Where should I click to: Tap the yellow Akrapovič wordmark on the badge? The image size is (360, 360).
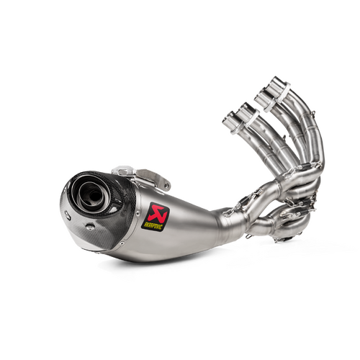point(152,225)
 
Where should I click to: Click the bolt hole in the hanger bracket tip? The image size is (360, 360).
point(166,186)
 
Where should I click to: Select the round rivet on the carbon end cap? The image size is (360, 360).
point(89,226)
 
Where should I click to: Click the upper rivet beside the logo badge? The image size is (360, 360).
point(138,213)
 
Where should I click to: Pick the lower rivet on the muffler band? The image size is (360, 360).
point(122,243)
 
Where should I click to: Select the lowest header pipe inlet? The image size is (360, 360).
point(231,120)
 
